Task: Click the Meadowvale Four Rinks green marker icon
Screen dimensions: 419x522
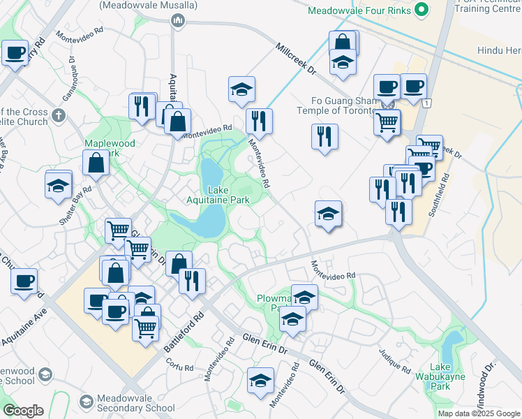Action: [421, 10]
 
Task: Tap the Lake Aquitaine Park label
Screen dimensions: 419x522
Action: [233, 196]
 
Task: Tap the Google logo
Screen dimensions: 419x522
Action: [23, 411]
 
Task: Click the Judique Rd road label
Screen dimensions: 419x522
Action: [394, 360]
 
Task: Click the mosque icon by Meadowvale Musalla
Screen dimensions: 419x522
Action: [178, 21]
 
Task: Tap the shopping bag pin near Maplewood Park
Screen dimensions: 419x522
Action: [96, 163]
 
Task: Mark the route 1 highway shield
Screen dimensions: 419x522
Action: [426, 103]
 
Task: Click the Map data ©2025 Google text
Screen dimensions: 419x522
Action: [479, 413]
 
